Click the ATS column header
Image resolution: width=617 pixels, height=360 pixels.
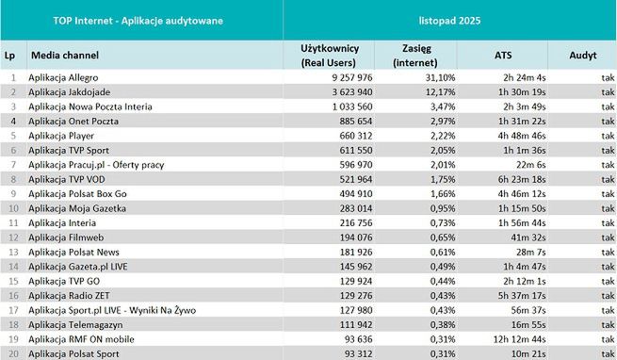[503, 56]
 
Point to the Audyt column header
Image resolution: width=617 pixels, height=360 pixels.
[582, 56]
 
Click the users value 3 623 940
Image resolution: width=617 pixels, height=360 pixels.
[334, 91]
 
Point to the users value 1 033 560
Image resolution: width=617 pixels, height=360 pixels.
[334, 106]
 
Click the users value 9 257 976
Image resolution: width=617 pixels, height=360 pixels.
[334, 76]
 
